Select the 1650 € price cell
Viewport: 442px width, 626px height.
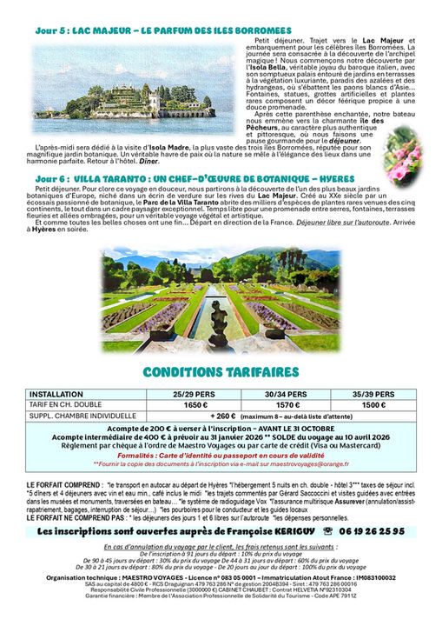point(196,404)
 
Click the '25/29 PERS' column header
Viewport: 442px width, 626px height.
point(196,393)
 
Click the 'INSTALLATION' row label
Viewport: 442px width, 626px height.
point(56,393)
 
